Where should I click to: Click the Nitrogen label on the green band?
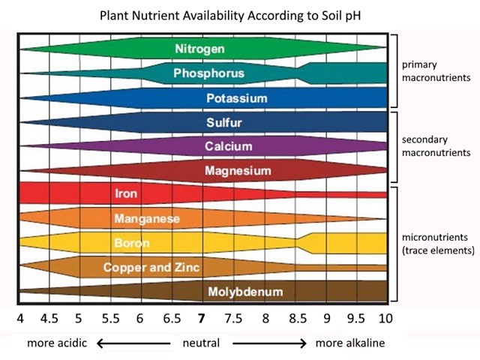199,49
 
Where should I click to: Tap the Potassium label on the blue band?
237,98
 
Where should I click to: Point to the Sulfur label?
223,122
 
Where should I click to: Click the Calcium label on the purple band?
229,146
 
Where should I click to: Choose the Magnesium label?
238,171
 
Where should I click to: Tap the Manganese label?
147,218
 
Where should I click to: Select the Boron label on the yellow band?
132,243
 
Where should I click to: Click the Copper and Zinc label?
151,267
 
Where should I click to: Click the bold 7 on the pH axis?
201,317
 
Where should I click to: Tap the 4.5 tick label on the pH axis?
49,317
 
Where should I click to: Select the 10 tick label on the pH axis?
385,317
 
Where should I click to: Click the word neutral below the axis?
201,343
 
